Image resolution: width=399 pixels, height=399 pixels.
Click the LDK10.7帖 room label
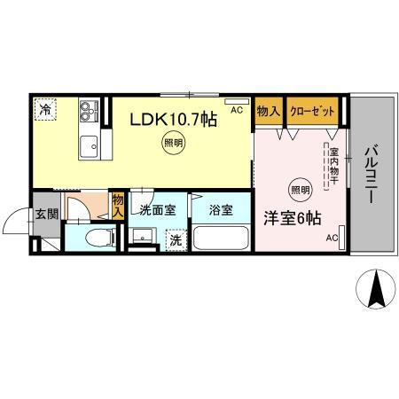click(174, 118)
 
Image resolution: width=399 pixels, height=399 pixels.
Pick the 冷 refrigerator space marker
click(44, 110)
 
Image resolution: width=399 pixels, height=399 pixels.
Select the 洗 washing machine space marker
click(176, 239)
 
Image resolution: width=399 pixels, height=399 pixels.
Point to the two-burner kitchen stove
click(86, 111)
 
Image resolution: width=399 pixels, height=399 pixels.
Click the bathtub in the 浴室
click(221, 239)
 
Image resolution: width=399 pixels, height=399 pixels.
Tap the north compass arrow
click(375, 287)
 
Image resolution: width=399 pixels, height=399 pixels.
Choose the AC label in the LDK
click(236, 110)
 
